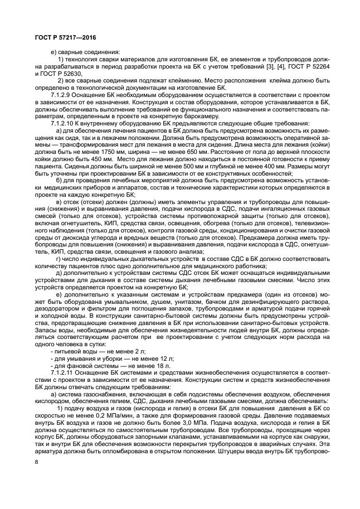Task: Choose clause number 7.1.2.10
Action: coord(62,123)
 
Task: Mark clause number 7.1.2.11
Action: coord(62,370)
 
